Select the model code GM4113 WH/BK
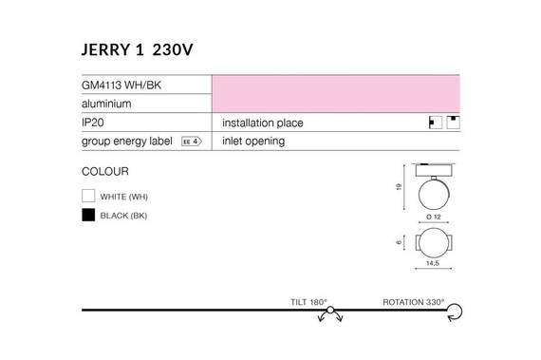click(121, 84)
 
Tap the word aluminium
click(106, 103)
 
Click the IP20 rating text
click(94, 123)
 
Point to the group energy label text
click(127, 142)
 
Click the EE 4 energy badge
click(192, 142)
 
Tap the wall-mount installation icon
click(436, 123)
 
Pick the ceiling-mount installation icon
click(454, 122)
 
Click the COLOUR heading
click(105, 172)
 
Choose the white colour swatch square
click(88, 196)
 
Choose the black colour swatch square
click(88, 216)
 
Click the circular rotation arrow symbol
click(456, 311)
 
